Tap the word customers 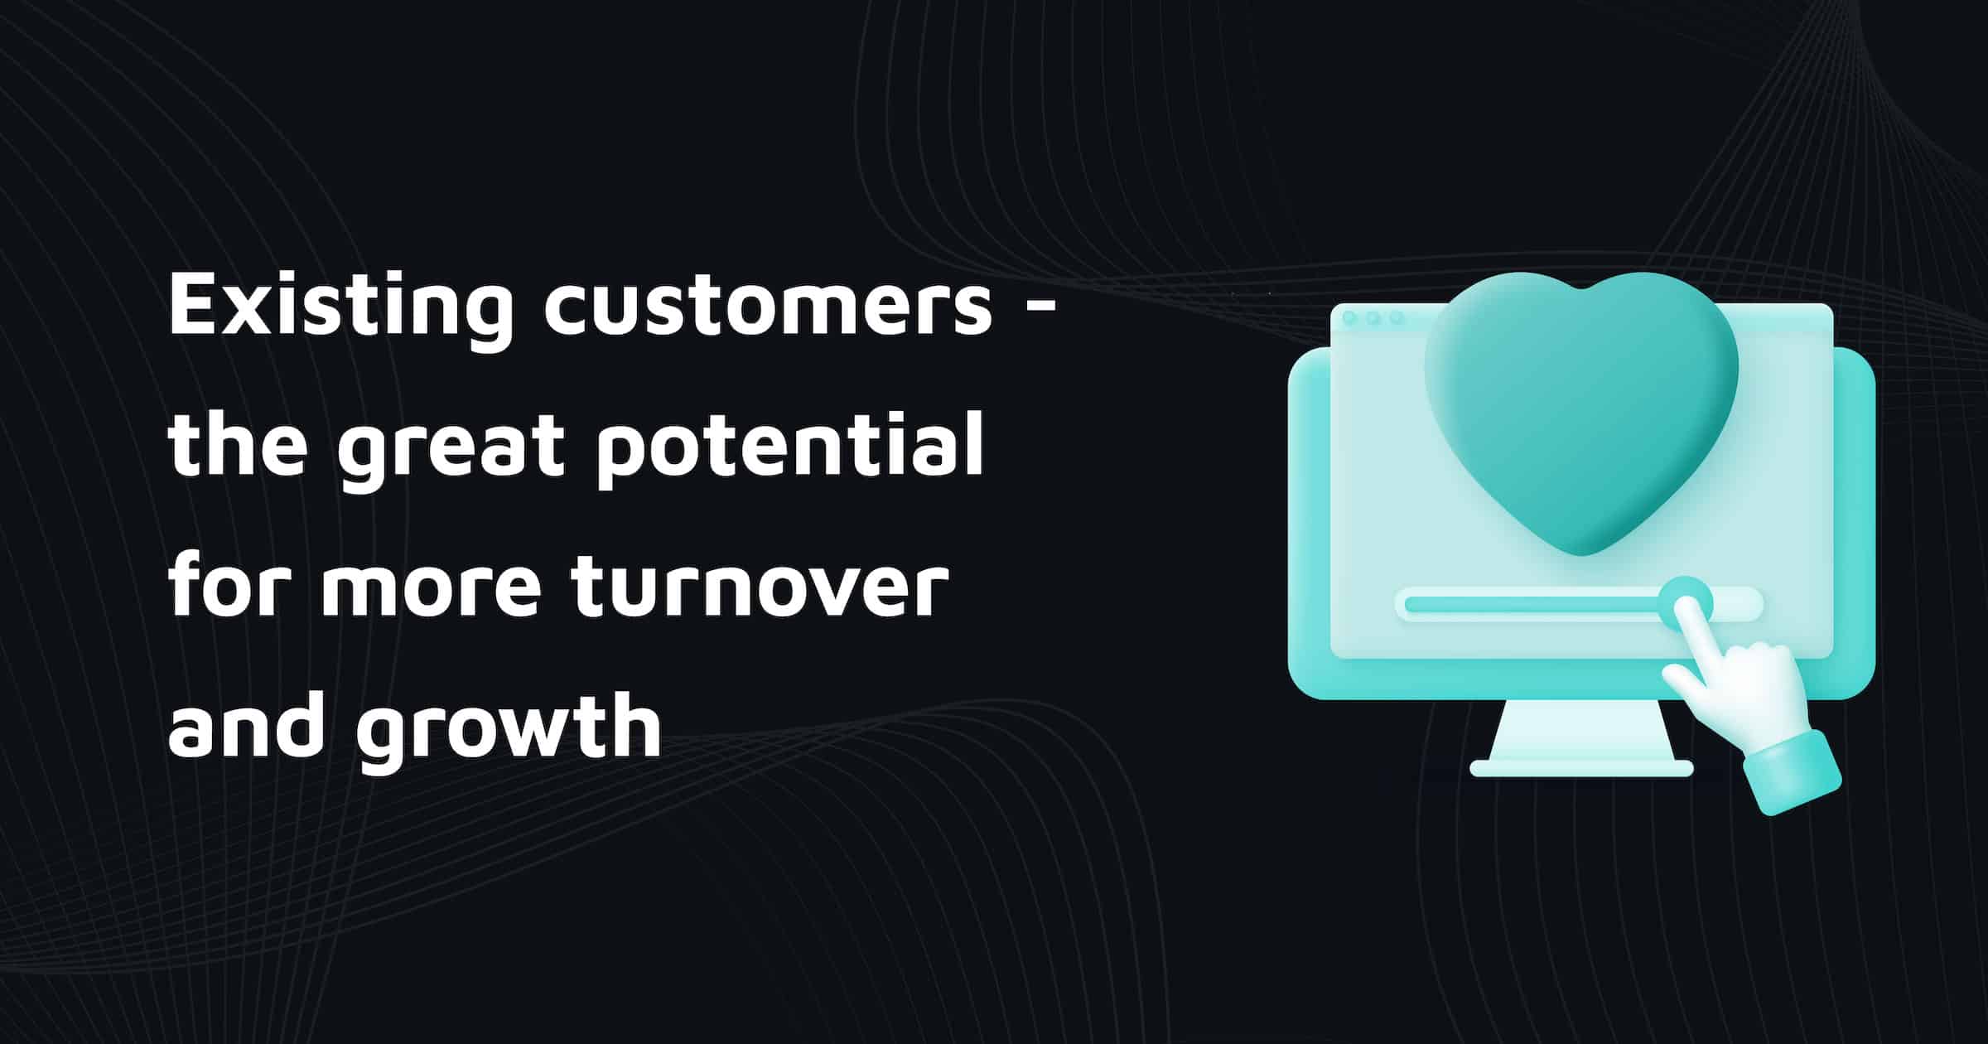767,307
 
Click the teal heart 1580,406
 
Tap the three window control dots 1373,318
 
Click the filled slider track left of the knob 1532,604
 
